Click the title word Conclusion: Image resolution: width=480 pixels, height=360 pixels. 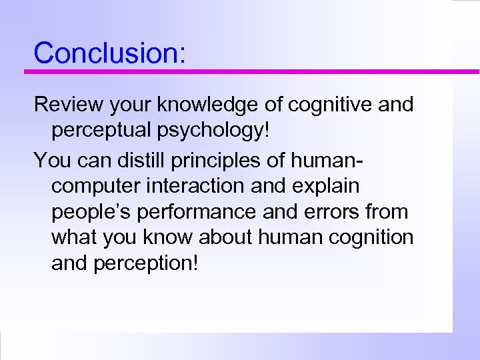[x=110, y=52]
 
